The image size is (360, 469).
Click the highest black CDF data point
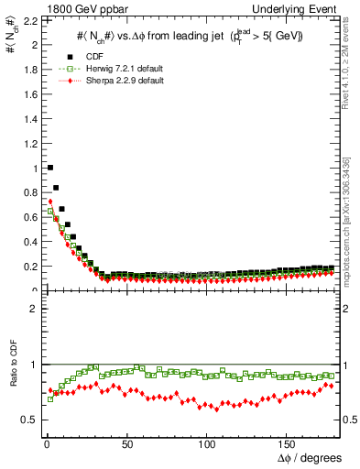point(49,168)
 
